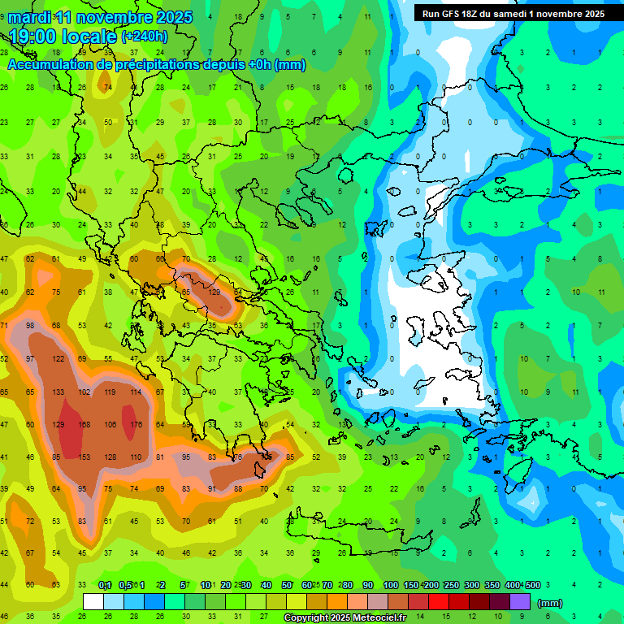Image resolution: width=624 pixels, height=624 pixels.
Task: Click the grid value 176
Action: tap(136, 424)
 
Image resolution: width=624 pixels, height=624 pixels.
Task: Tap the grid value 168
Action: tap(84, 424)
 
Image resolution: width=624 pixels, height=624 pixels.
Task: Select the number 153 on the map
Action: tap(84, 457)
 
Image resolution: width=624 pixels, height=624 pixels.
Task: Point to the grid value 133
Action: tap(58, 392)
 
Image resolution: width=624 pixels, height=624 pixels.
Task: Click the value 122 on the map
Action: tap(58, 358)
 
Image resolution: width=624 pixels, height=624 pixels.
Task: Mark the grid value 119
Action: tap(110, 392)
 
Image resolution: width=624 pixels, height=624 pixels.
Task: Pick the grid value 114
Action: tap(136, 392)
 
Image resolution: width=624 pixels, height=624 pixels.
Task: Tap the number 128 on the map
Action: tap(110, 457)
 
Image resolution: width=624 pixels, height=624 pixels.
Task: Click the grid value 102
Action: tap(84, 392)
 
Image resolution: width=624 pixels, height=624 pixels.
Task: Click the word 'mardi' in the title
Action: tap(30, 17)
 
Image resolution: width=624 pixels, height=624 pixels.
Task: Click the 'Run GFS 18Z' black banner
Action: tap(513, 13)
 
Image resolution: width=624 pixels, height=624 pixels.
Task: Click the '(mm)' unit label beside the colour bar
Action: tap(550, 603)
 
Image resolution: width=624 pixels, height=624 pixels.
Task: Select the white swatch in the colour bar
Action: tap(93, 602)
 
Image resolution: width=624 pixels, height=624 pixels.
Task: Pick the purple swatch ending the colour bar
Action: tap(520, 602)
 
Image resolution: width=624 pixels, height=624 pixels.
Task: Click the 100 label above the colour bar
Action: tap(391, 585)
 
